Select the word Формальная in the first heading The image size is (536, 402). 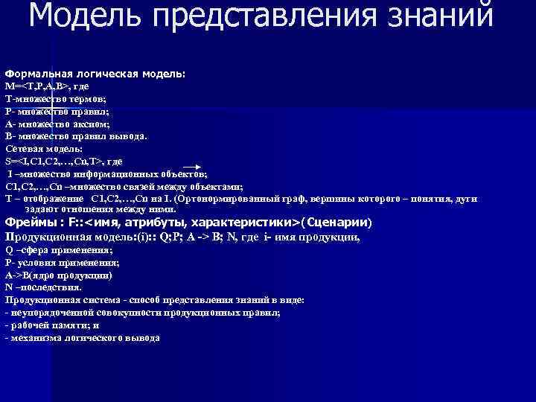(x=36, y=74)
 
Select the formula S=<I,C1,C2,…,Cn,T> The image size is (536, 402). (x=53, y=161)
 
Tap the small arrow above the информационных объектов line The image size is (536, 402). (x=193, y=167)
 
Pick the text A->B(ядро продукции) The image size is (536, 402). (x=59, y=275)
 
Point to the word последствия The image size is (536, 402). (x=56, y=287)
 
